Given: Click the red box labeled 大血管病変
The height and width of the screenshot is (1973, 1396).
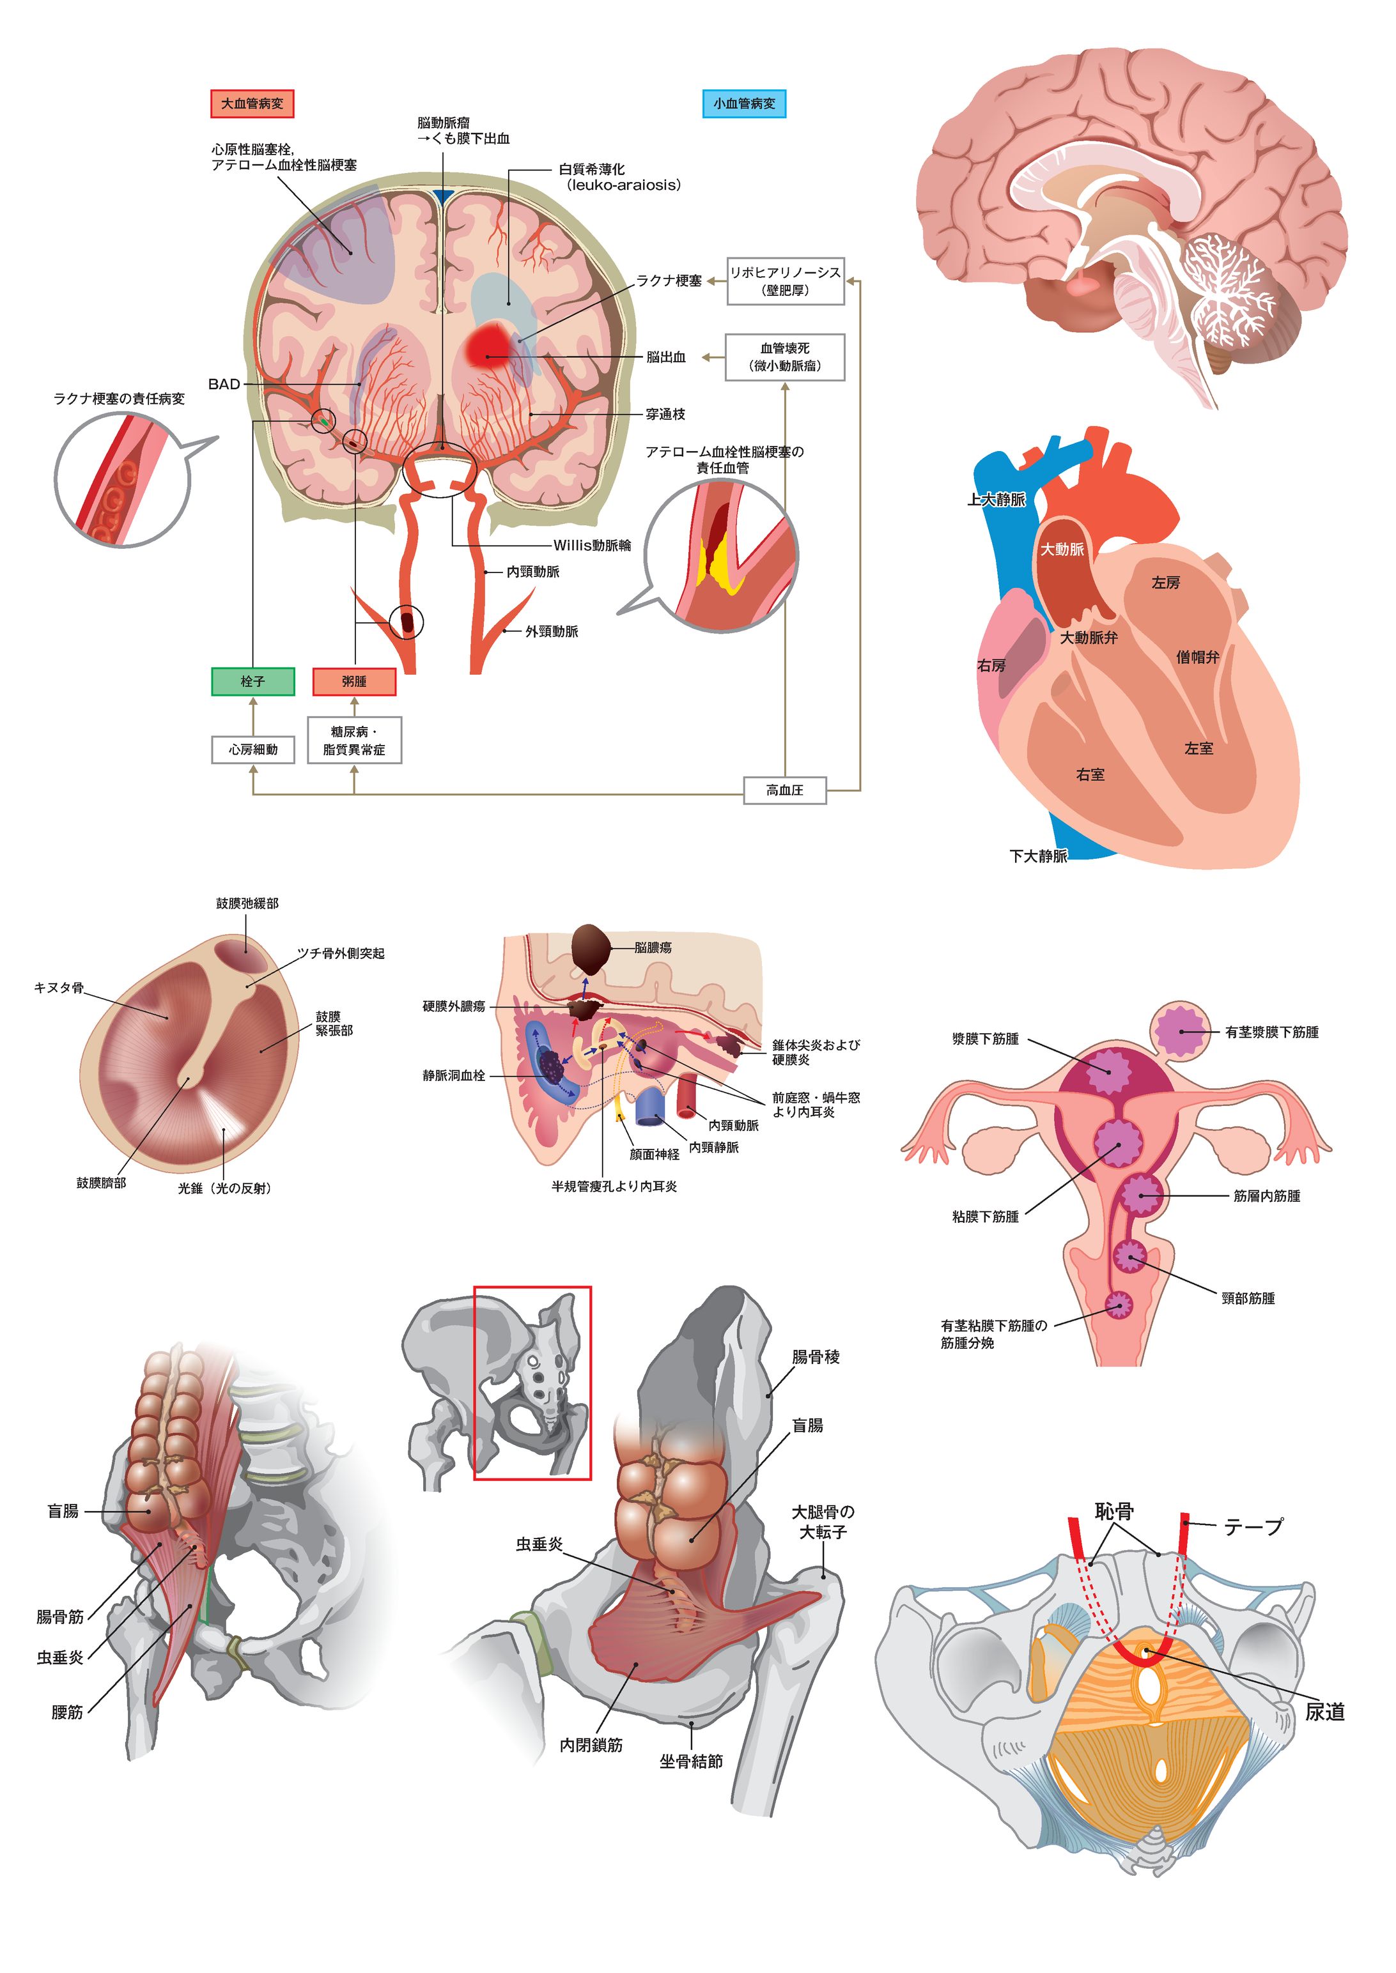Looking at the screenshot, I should pyautogui.click(x=252, y=103).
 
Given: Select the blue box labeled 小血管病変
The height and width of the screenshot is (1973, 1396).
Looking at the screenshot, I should pyautogui.click(x=743, y=103).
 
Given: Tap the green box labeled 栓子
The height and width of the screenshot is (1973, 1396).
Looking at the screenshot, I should pyautogui.click(x=252, y=682).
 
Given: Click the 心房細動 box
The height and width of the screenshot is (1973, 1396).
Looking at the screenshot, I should pyautogui.click(x=252, y=749).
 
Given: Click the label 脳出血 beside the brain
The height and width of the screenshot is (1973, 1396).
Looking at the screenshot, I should pyautogui.click(x=665, y=357).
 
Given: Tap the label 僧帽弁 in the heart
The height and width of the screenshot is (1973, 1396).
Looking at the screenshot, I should pyautogui.click(x=1197, y=657).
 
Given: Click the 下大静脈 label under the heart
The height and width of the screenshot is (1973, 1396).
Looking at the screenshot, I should pyautogui.click(x=1037, y=856).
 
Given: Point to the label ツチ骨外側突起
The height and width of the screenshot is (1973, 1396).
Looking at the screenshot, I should pyautogui.click(x=341, y=953).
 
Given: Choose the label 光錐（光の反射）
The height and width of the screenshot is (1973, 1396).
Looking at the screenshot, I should pyautogui.click(x=224, y=1188).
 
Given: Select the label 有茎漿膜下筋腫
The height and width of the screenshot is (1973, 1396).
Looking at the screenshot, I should pyautogui.click(x=1271, y=1032).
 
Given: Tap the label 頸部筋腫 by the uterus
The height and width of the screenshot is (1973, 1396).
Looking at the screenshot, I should pyautogui.click(x=1248, y=1298).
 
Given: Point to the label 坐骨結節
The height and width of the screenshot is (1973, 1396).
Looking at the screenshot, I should pyautogui.click(x=690, y=1762).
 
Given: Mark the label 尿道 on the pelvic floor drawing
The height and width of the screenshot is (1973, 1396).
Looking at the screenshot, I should pyautogui.click(x=1324, y=1712).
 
